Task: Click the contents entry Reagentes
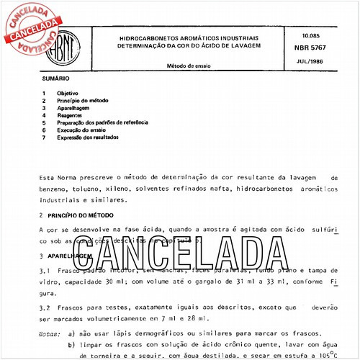pyautogui.click(x=71, y=115)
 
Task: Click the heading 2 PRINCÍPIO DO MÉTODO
pyautogui.click(x=74, y=215)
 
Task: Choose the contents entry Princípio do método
pyautogui.click(x=84, y=101)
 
